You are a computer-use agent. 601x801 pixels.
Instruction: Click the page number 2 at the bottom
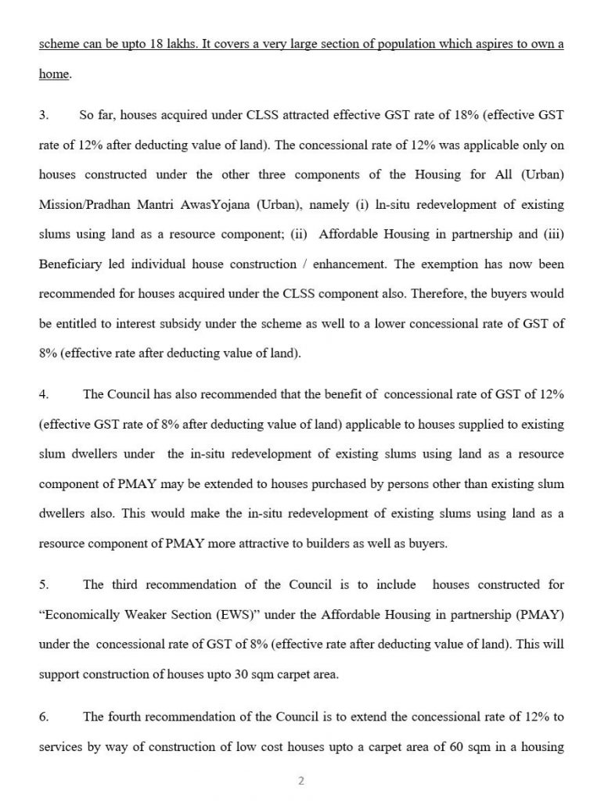point(300,780)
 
